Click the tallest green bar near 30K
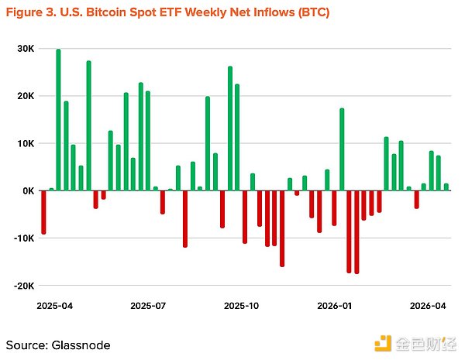[58, 120]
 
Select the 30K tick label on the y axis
[26, 48]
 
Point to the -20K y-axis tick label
[23, 286]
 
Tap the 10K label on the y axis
[26, 143]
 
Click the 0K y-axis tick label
[27, 190]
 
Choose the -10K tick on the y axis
[23, 238]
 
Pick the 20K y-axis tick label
[26, 96]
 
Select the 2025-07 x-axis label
[149, 306]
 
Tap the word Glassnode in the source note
[81, 345]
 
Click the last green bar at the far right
[446, 187]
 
